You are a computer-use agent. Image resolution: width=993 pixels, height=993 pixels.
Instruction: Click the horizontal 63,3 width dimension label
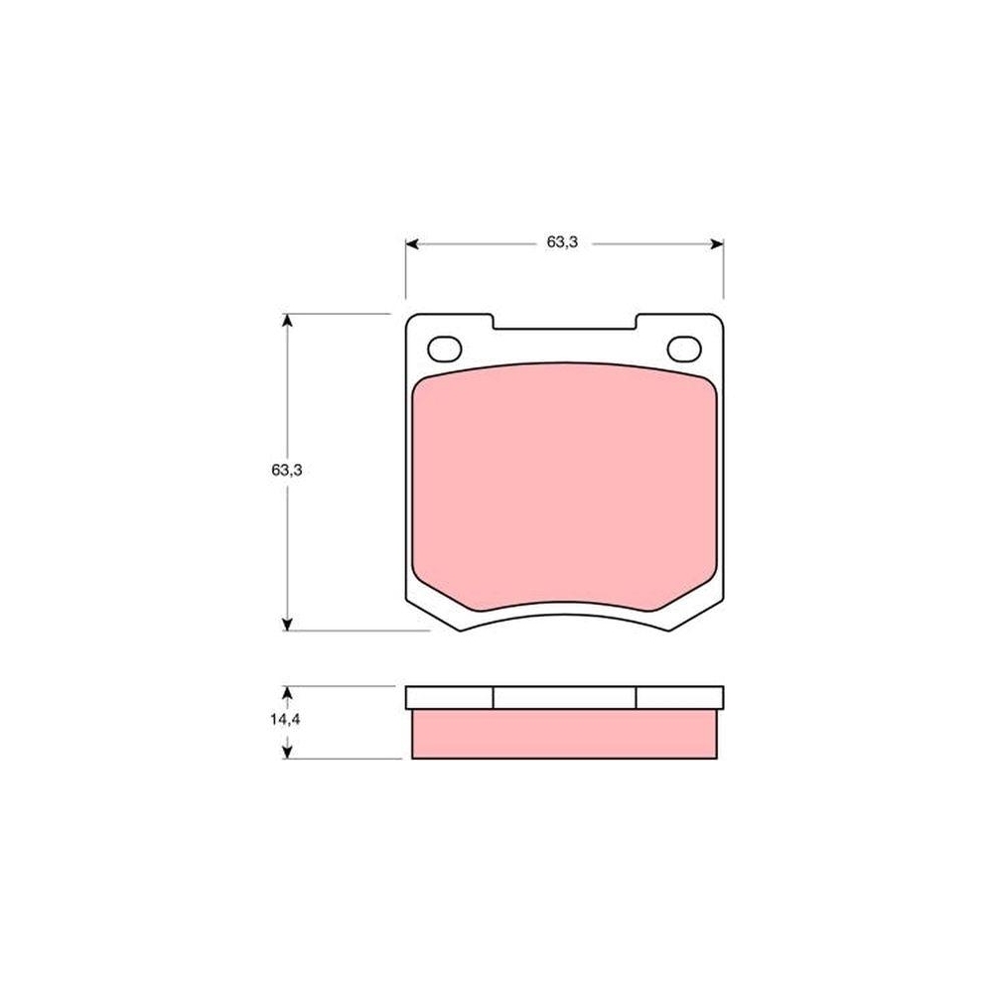coord(562,242)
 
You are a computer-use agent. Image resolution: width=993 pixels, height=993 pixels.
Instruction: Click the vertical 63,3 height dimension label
coord(287,471)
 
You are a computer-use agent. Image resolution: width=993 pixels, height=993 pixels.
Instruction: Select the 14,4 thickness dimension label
coord(285,720)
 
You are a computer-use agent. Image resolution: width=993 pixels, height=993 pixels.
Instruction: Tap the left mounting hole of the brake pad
coord(445,349)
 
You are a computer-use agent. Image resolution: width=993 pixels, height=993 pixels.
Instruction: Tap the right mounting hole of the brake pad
coord(684,349)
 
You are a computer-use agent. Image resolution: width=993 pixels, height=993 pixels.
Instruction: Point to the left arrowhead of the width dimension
coord(412,244)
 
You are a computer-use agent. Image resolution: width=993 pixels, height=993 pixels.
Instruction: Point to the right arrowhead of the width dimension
coord(716,244)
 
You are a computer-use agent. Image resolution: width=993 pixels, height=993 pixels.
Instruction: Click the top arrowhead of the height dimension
coord(288,321)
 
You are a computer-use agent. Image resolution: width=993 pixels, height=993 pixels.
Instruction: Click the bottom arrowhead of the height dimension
coord(288,624)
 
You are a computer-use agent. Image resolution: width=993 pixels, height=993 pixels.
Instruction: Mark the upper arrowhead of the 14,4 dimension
coord(288,693)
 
